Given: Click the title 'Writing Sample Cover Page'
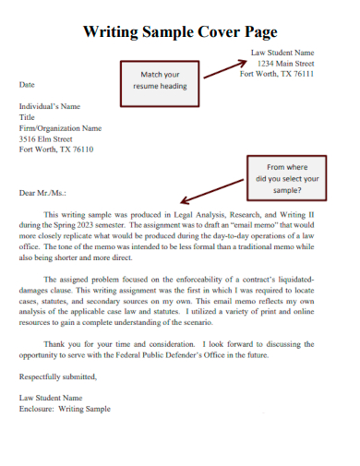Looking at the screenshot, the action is (180, 31).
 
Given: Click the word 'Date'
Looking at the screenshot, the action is (28, 84).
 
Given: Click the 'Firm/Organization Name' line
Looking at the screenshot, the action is (60, 128).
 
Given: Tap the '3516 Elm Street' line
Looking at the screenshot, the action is (46, 138).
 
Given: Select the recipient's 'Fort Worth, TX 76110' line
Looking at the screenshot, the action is (55, 149).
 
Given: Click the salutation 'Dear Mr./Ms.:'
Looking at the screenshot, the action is (43, 193).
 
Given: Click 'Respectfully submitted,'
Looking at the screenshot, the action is (57, 376).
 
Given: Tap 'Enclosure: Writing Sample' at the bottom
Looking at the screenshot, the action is (65, 408).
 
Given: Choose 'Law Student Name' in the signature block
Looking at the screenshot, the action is (51, 397).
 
